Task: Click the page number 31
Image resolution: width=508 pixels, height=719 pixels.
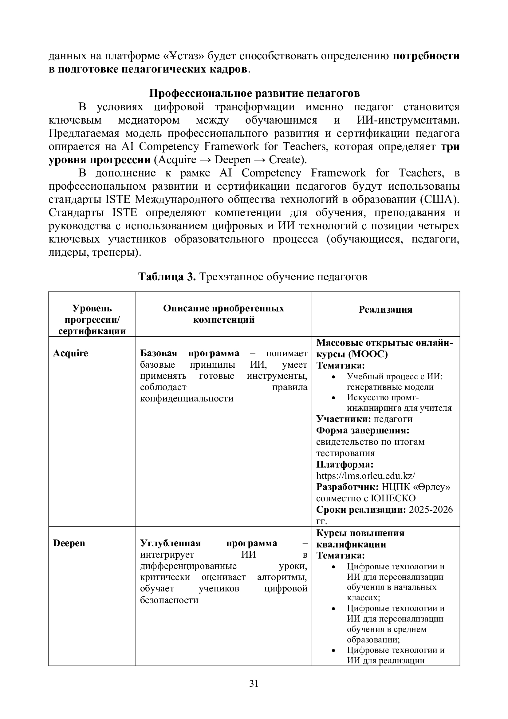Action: pos(254,684)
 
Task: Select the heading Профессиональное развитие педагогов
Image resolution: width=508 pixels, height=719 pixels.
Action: pos(254,93)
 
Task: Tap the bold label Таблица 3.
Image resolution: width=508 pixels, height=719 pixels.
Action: pos(167,277)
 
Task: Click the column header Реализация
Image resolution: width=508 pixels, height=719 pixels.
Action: pos(385,310)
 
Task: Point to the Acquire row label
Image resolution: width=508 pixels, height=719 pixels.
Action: pos(70,353)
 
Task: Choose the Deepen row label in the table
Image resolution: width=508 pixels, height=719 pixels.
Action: pos(69,543)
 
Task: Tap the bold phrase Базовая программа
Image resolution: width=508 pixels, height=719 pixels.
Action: pos(189,353)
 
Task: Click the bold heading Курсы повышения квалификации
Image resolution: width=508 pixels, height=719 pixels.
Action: pos(360,539)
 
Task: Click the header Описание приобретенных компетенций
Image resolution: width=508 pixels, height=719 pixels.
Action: pos(223,314)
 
